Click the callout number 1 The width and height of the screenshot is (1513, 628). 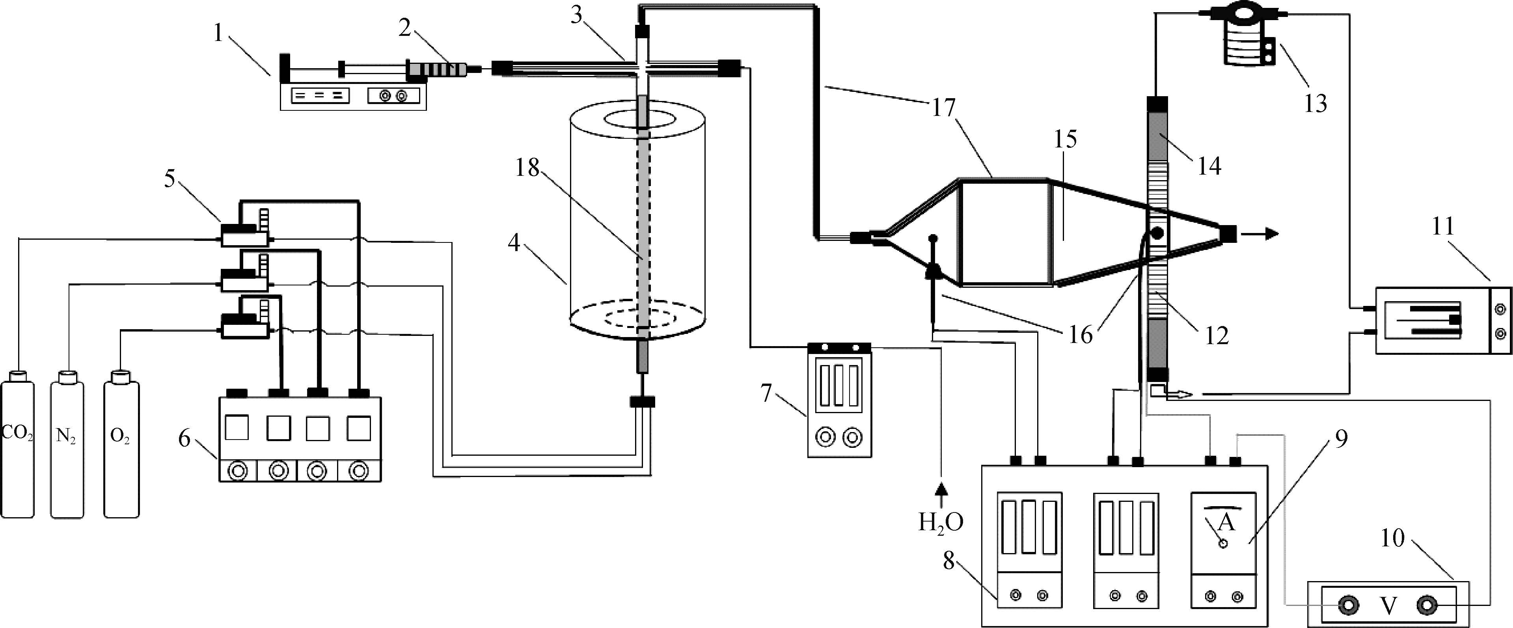coord(218,34)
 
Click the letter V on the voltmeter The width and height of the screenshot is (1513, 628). coord(1388,607)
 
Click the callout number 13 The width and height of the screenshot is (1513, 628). coord(1315,103)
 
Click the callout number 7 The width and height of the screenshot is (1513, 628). coord(766,393)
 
